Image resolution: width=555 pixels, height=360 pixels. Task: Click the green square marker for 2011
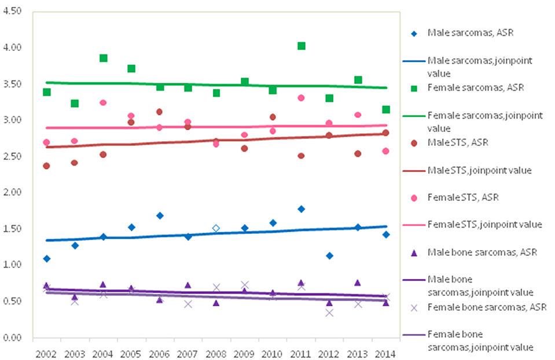click(301, 46)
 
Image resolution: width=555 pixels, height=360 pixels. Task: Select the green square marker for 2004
click(103, 58)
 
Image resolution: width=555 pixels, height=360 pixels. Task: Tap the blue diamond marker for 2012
click(329, 255)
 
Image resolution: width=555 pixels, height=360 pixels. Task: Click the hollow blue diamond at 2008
click(216, 228)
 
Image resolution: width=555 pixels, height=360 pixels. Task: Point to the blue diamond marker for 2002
click(46, 258)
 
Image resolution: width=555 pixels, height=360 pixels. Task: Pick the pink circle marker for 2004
click(103, 102)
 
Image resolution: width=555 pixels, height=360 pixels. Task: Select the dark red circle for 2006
click(159, 112)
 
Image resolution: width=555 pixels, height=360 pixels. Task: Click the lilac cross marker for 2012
click(329, 313)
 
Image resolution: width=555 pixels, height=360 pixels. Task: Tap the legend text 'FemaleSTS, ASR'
click(463, 197)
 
